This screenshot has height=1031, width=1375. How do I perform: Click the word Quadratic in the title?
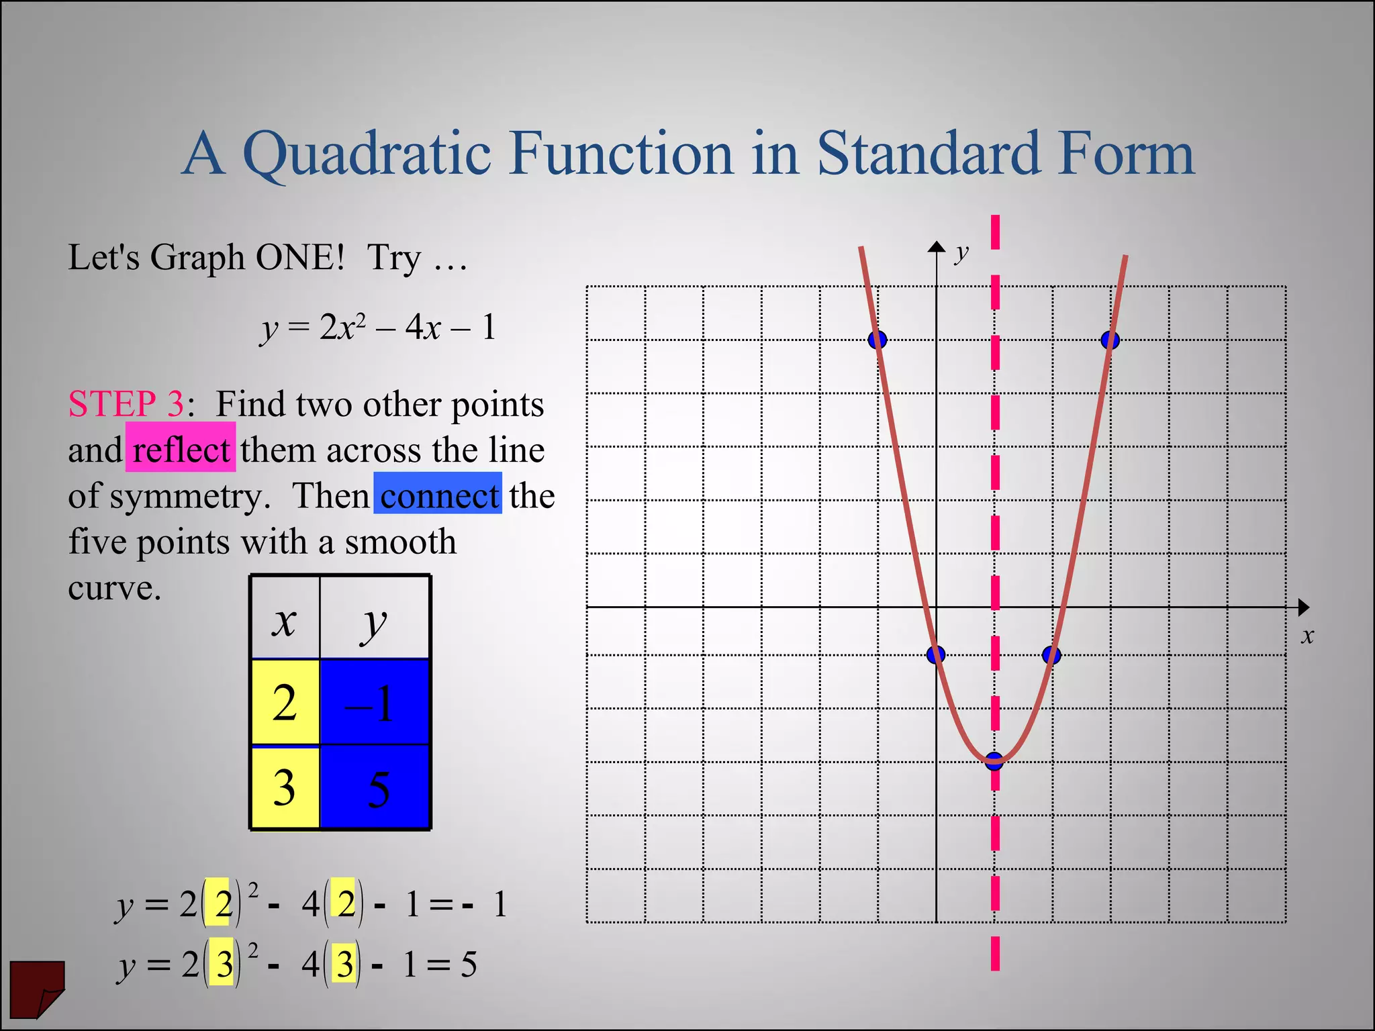[x=367, y=154]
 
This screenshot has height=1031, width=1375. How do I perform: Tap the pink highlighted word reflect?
[x=181, y=449]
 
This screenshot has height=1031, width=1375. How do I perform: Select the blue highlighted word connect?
[x=438, y=495]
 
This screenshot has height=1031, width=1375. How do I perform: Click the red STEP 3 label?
[x=126, y=403]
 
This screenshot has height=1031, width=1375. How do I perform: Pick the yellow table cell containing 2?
[x=285, y=702]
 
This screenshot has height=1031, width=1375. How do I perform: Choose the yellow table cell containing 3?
[x=285, y=787]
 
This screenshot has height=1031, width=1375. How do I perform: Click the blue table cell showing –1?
[x=375, y=702]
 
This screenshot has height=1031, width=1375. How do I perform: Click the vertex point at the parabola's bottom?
[x=994, y=760]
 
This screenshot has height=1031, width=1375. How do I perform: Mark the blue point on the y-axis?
[x=936, y=654]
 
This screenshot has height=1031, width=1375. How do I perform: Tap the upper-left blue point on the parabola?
[x=878, y=340]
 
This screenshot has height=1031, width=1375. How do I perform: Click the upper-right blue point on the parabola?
[x=1110, y=340]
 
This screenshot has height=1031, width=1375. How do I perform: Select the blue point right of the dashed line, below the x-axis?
[x=1052, y=654]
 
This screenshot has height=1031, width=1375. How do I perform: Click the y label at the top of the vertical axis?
[x=963, y=252]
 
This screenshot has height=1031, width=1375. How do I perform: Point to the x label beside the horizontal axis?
[x=1307, y=636]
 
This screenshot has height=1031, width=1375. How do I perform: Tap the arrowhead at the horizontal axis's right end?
[x=1303, y=607]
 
